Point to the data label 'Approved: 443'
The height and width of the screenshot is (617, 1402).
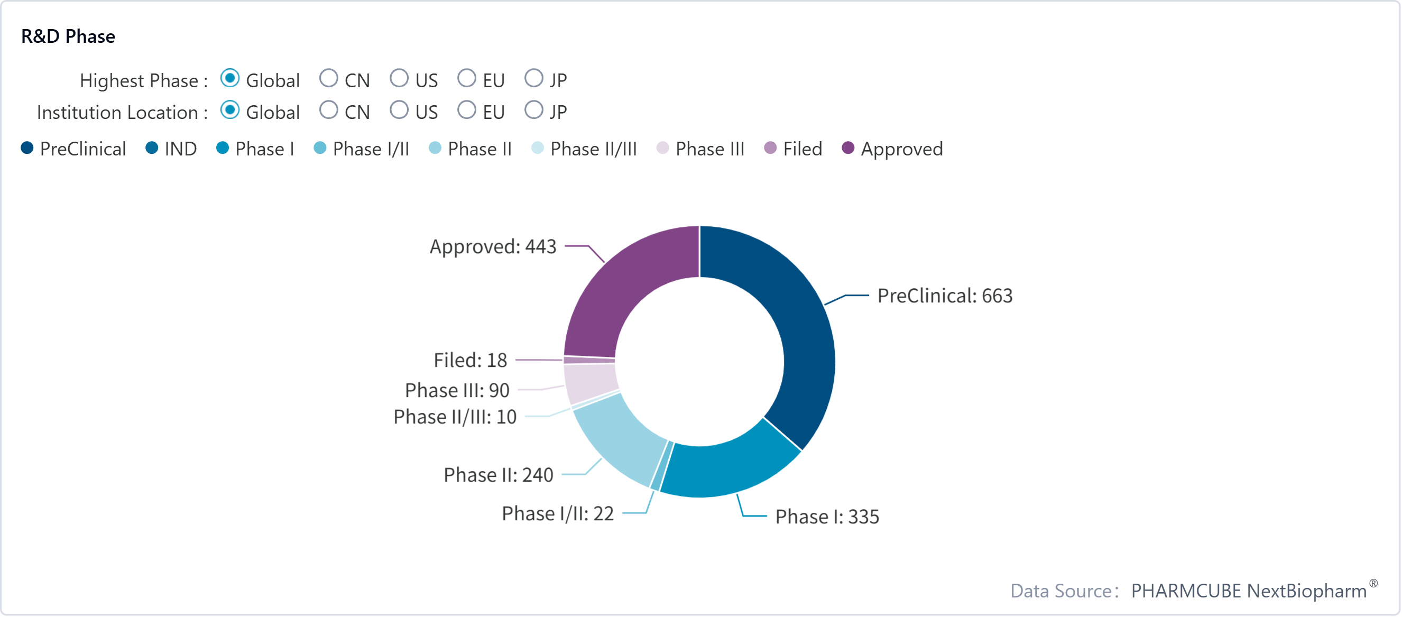(493, 246)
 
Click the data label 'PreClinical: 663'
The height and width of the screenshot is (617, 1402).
(945, 296)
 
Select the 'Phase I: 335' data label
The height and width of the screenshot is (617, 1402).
(827, 517)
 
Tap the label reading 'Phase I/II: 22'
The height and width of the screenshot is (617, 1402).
(558, 513)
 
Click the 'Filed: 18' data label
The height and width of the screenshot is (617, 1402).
(470, 360)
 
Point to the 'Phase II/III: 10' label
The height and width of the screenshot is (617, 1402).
(455, 417)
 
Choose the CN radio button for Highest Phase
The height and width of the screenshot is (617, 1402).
(329, 78)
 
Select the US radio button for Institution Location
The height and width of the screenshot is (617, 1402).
(399, 110)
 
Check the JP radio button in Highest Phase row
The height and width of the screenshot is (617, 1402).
(533, 78)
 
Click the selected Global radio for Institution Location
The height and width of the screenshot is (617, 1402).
(229, 110)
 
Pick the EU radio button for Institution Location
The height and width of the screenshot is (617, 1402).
(466, 110)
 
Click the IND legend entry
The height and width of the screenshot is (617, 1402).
(171, 149)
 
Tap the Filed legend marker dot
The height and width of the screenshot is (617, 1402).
(770, 148)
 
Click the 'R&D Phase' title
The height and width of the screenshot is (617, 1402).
(68, 36)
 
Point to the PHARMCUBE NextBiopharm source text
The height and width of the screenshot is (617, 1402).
(1249, 591)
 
